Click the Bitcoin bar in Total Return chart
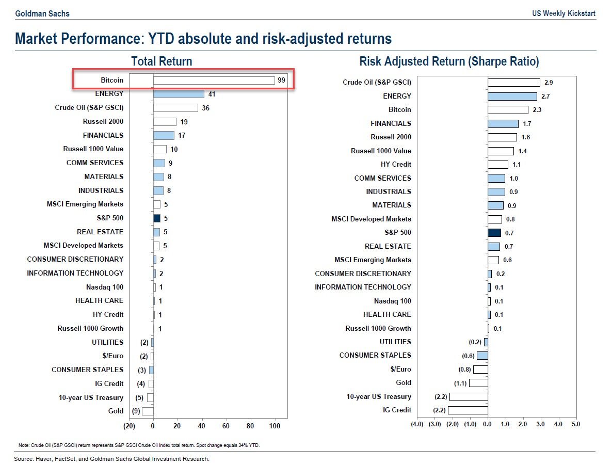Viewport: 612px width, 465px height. [x=214, y=81]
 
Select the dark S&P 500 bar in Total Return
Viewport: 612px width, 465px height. [x=157, y=218]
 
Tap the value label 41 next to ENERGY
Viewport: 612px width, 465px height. [x=212, y=94]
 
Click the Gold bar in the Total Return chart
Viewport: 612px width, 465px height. [x=148, y=411]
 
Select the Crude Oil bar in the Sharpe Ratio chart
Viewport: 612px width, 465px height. [x=513, y=83]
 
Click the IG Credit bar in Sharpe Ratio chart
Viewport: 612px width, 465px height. [x=468, y=410]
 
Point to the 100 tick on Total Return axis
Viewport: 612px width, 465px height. [x=275, y=426]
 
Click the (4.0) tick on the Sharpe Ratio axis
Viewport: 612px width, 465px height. [x=417, y=424]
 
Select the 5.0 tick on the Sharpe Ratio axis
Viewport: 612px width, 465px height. [x=576, y=424]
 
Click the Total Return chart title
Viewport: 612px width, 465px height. [x=162, y=61]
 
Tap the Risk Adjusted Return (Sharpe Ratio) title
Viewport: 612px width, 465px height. [x=449, y=61]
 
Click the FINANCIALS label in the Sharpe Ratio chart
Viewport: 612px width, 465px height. [x=391, y=123]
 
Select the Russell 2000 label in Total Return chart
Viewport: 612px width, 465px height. [x=103, y=122]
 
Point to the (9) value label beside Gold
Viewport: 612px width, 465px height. [x=136, y=411]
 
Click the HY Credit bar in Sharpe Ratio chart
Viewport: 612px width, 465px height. [x=498, y=165]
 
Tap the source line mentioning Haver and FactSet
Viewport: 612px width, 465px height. [x=112, y=459]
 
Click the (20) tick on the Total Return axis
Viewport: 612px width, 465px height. [x=129, y=426]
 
